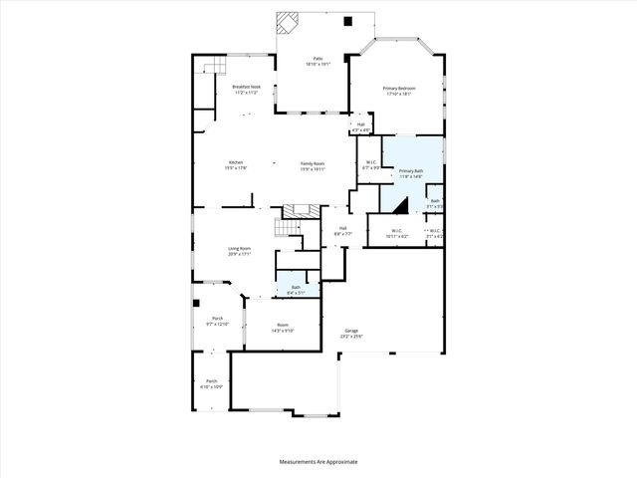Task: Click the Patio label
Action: click(x=318, y=59)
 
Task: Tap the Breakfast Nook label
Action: click(x=247, y=88)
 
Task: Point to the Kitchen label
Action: click(x=236, y=162)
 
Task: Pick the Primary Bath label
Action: click(x=411, y=171)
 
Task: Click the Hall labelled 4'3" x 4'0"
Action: click(x=360, y=124)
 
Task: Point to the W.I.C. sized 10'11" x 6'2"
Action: click(x=397, y=231)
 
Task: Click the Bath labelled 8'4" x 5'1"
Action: click(x=296, y=288)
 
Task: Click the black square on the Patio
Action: click(x=346, y=21)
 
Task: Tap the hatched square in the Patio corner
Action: click(x=288, y=22)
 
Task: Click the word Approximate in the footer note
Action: click(x=340, y=462)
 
